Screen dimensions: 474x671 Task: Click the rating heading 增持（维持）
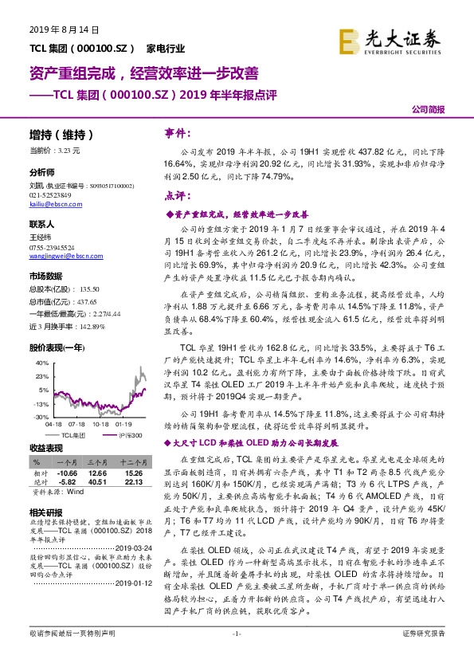[61, 135]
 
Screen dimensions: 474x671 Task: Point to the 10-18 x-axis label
[101, 425]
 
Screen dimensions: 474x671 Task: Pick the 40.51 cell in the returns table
[97, 481]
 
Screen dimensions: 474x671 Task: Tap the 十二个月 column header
[131, 461]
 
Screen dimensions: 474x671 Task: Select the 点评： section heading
[175, 196]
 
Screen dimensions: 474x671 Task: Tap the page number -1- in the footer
[237, 656]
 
